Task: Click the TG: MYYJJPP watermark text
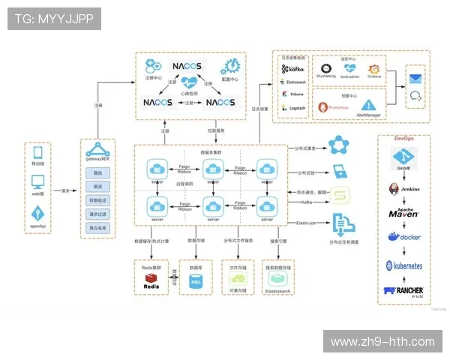pyautogui.click(x=55, y=19)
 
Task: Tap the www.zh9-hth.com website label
pyautogui.click(x=382, y=342)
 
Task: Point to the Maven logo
pyautogui.click(x=403, y=213)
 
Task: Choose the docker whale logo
pyautogui.click(x=403, y=238)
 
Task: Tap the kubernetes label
pyautogui.click(x=404, y=265)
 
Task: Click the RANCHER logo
pyautogui.click(x=404, y=290)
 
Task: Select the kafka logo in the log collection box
pyautogui.click(x=293, y=68)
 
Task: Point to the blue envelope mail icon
pyautogui.click(x=415, y=77)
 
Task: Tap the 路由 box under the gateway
pyautogui.click(x=98, y=173)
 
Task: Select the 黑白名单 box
pyautogui.click(x=98, y=227)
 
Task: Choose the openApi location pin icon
pyautogui.click(x=38, y=213)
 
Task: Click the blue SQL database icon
pyautogui.click(x=196, y=281)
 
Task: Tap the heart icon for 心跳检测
pyautogui.click(x=188, y=82)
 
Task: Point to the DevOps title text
pyautogui.click(x=403, y=139)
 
